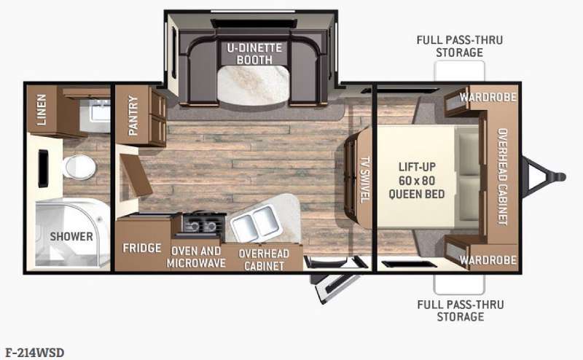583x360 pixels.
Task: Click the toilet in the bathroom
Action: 79,167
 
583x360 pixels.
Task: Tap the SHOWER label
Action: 71,236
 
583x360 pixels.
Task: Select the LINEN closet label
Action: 42,109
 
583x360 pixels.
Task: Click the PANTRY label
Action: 133,115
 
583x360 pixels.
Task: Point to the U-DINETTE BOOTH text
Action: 254,53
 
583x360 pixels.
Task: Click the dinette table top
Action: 253,85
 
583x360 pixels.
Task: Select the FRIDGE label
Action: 142,248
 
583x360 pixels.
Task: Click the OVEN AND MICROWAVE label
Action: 196,257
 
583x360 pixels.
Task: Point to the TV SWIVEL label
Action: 365,179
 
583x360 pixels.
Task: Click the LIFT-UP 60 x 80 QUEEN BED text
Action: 417,181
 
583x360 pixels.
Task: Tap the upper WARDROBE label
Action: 488,98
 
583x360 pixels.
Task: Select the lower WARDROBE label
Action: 488,260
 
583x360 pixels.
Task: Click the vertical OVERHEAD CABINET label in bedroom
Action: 502,176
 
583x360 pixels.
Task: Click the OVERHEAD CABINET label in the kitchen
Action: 264,259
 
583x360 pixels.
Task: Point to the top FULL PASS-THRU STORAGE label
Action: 460,46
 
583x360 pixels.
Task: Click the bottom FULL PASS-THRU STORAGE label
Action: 461,310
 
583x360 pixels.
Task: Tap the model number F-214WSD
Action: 35,353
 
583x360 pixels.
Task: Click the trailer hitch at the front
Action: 544,176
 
